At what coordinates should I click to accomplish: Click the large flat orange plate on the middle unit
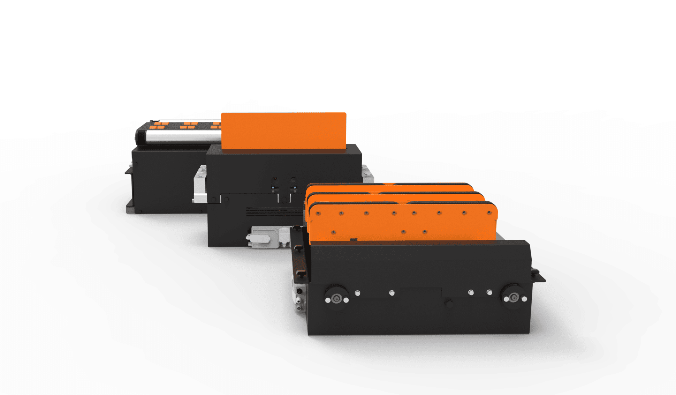(283, 131)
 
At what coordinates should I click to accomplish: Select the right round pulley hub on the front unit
(514, 297)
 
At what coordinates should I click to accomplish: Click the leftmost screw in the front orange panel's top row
(318, 213)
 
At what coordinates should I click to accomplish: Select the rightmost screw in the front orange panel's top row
(489, 213)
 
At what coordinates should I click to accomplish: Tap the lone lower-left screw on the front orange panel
(333, 232)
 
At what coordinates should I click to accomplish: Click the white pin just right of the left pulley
(357, 293)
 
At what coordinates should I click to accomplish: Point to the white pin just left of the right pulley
(489, 292)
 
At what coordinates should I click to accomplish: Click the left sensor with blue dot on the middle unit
(274, 185)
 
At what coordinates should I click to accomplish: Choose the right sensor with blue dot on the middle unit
(294, 185)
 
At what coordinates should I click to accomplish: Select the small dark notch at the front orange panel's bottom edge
(353, 240)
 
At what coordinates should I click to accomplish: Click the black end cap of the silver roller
(140, 136)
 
